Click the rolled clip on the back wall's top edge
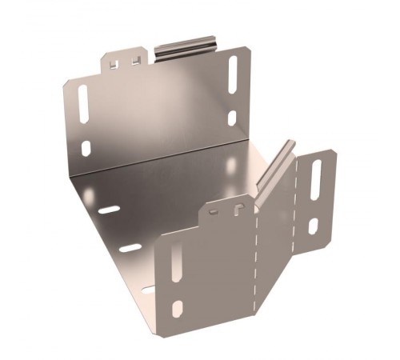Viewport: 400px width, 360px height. tap(186, 46)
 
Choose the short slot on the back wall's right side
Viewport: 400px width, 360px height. tap(232, 118)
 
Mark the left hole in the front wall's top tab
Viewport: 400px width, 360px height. tap(214, 213)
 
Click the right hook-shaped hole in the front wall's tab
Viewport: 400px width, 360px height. tap(238, 209)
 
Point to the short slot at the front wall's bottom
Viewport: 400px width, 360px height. tap(177, 309)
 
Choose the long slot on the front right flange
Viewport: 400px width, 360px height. tap(316, 178)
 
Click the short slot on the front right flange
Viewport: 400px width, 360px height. tap(314, 226)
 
